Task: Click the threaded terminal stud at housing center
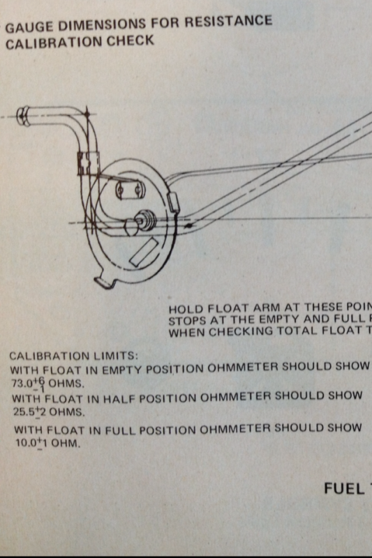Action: click(145, 218)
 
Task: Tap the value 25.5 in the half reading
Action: click(24, 411)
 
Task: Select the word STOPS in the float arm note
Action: click(185, 321)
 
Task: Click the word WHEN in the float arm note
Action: click(184, 333)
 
